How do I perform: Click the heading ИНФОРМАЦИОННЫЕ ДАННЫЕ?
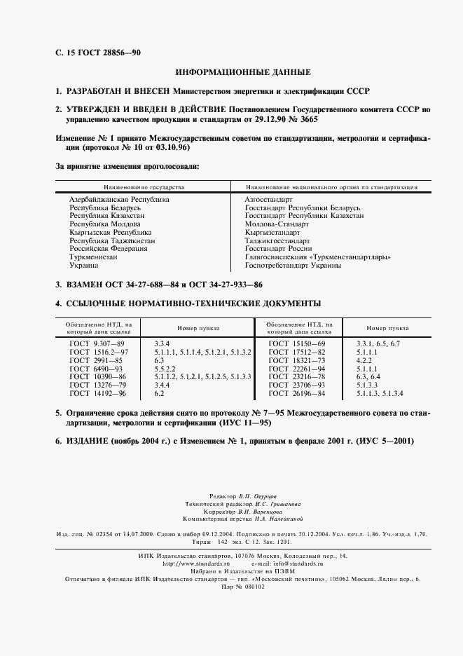tap(242, 72)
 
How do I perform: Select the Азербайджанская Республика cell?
tap(119, 200)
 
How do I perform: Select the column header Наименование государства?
tap(144, 188)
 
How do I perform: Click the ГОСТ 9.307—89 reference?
tap(97, 343)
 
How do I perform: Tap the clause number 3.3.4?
tap(163, 343)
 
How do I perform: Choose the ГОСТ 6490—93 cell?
tap(97, 368)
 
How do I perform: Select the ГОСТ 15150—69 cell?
tap(298, 343)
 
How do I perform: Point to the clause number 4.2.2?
tap(367, 360)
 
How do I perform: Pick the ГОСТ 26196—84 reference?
tap(298, 393)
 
